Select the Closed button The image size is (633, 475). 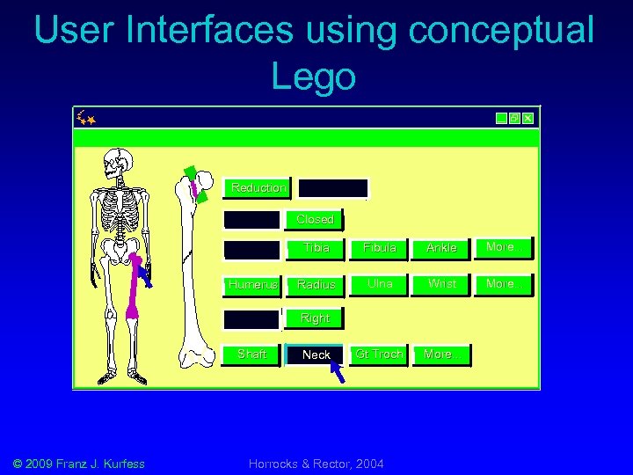(314, 219)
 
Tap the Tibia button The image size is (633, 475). (315, 248)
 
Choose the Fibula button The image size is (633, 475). (379, 248)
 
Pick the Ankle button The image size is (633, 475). (440, 248)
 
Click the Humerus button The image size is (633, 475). (251, 284)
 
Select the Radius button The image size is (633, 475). (315, 284)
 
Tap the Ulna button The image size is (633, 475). (379, 284)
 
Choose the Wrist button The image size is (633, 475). (440, 284)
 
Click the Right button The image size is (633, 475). (314, 318)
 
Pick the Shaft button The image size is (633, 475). (251, 354)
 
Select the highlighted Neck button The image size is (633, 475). (315, 354)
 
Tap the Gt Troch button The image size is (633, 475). (379, 354)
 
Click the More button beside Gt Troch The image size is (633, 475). (440, 354)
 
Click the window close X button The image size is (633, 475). (527, 118)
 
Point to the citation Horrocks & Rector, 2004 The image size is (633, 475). (316, 464)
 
